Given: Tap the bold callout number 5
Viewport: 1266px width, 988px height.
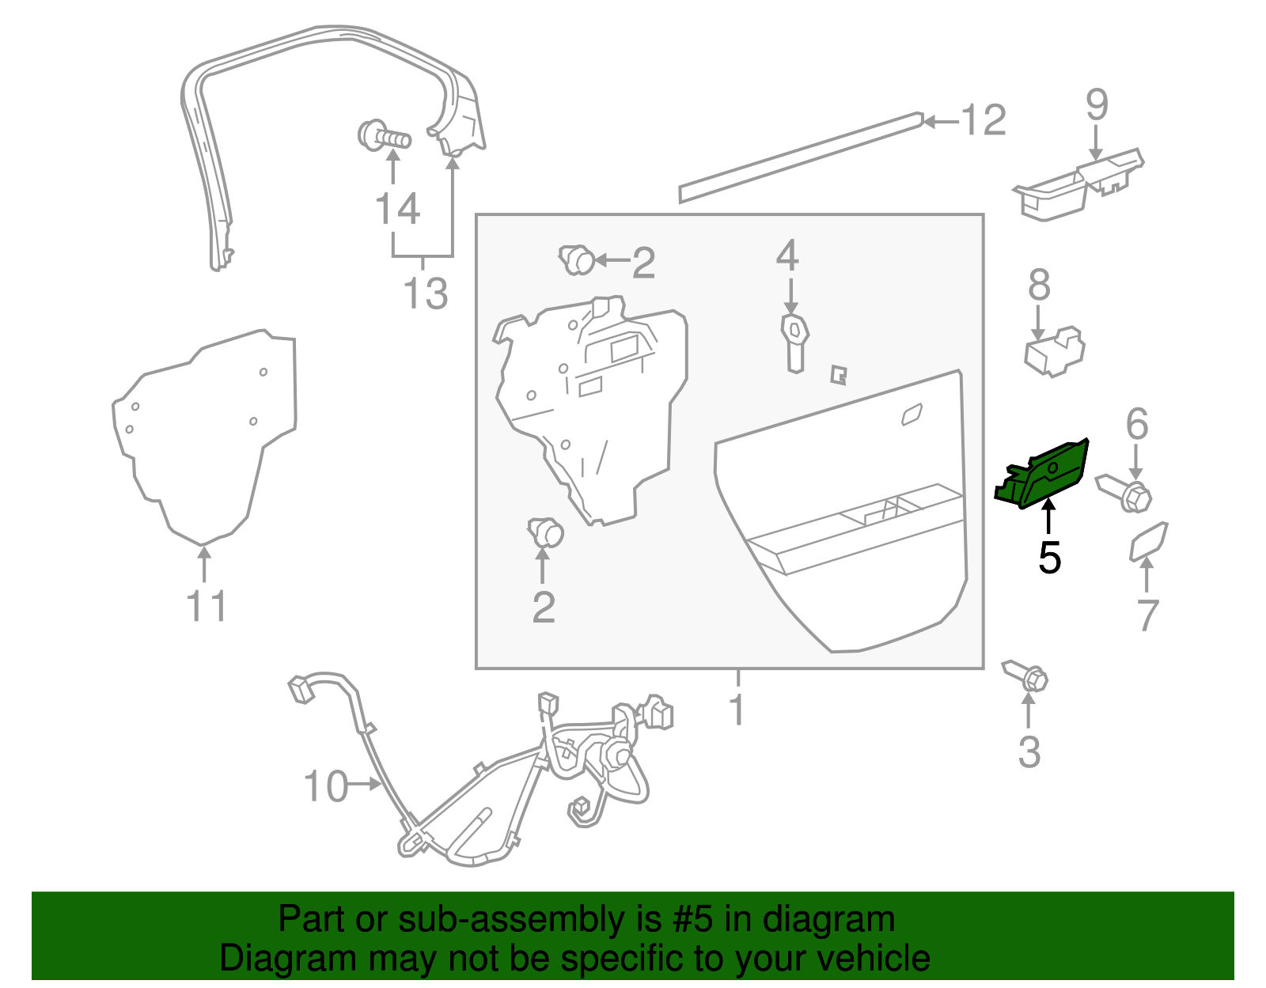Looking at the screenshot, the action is point(1050,558).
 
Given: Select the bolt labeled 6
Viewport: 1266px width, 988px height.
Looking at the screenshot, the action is point(1124,494).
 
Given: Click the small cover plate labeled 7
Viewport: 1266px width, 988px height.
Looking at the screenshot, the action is point(1148,541).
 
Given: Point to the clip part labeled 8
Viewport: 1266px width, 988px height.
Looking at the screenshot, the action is point(1055,351).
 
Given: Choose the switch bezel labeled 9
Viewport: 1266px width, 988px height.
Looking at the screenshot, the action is point(1078,184).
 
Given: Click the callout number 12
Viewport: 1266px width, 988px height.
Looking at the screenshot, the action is point(984,120).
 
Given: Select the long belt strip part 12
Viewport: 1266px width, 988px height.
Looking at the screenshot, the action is point(801,157).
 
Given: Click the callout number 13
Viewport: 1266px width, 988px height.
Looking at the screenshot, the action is point(426,293).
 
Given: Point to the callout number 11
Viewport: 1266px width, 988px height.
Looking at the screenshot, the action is point(207,606).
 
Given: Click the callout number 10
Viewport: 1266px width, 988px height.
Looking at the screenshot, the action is point(326,786).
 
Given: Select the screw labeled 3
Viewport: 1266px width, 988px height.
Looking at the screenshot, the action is point(1025,677).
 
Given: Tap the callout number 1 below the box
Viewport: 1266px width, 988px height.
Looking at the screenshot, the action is point(737,709).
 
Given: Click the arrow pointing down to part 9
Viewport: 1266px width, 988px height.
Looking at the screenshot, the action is point(1097,142).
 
